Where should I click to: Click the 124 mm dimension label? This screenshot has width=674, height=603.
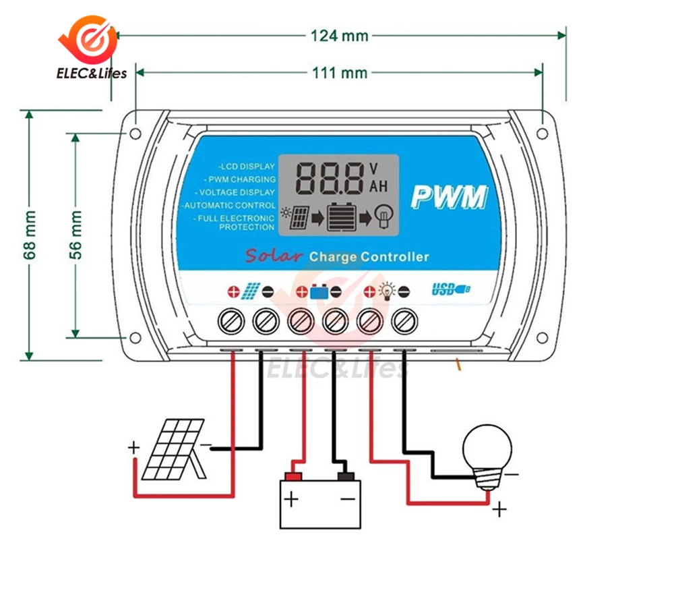[x=339, y=36]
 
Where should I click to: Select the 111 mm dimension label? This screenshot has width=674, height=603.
[x=340, y=73]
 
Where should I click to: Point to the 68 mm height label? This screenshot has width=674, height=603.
[x=30, y=235]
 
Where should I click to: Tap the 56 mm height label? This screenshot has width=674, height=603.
[x=75, y=235]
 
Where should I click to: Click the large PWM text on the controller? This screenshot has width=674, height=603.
[x=449, y=197]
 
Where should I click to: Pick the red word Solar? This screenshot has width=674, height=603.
[x=274, y=256]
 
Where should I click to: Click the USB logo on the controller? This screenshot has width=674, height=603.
[x=451, y=289]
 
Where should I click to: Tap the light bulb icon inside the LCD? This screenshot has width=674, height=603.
[x=384, y=217]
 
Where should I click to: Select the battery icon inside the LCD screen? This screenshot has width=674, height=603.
[x=341, y=217]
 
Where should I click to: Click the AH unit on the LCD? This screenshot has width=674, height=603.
[x=378, y=186]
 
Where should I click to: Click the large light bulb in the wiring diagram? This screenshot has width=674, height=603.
[x=487, y=457]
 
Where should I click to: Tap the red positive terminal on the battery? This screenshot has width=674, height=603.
[x=293, y=477]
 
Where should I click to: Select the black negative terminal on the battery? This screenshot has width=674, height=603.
[x=346, y=477]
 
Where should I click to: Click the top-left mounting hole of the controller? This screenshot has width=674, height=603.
[x=135, y=134]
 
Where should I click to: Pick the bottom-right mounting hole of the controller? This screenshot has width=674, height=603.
[x=543, y=338]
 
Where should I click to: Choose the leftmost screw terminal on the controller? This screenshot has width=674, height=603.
[x=231, y=321]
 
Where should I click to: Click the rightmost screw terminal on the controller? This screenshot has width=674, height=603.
[x=404, y=321]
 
